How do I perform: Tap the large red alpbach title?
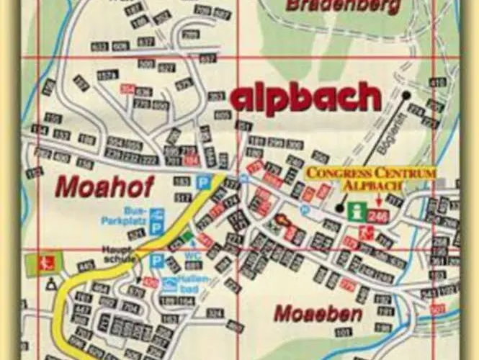[x=305, y=98]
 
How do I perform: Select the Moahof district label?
[x=105, y=187]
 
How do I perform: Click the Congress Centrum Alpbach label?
[x=371, y=179]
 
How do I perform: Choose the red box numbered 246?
[x=378, y=215]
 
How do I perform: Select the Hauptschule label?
[x=117, y=254]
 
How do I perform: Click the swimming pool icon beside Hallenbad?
[x=170, y=284]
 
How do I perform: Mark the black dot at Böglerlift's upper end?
[x=407, y=94]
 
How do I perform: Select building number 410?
[x=438, y=84]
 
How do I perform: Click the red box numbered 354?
[x=127, y=89]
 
